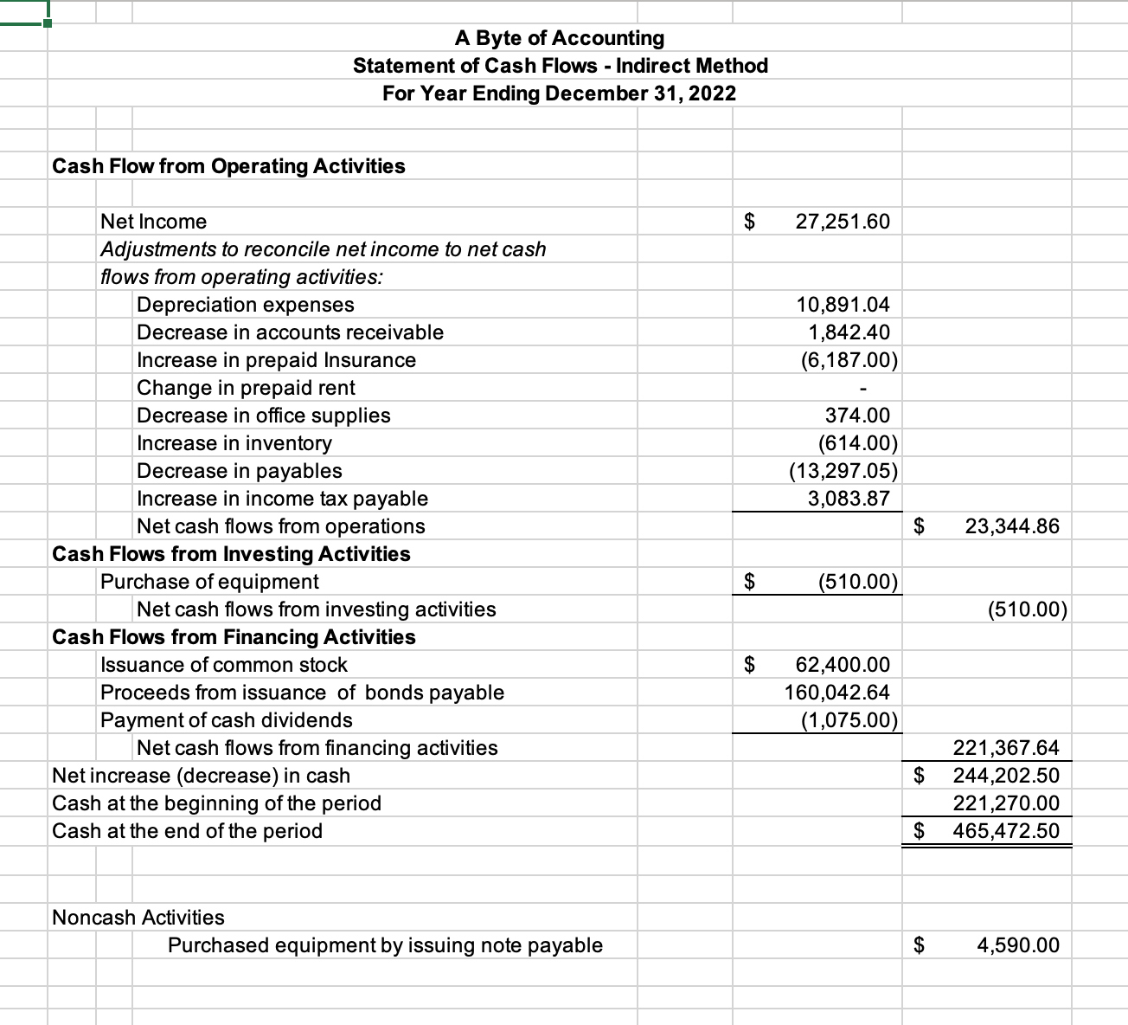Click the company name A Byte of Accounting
[560, 38]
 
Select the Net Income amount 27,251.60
[842, 222]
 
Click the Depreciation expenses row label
[246, 305]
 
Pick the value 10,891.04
[842, 305]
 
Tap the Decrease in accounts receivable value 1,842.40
[848, 332]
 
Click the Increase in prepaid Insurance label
[276, 360]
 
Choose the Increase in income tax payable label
[282, 499]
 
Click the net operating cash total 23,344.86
[1011, 526]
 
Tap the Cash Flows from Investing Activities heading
[231, 554]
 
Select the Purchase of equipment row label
[209, 582]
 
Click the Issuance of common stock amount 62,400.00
[842, 665]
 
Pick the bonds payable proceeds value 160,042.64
[836, 693]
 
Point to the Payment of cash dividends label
[227, 720]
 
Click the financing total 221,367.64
[1005, 748]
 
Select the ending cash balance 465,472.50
[1005, 831]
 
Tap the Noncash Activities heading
[138, 918]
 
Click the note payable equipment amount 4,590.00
[1017, 945]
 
